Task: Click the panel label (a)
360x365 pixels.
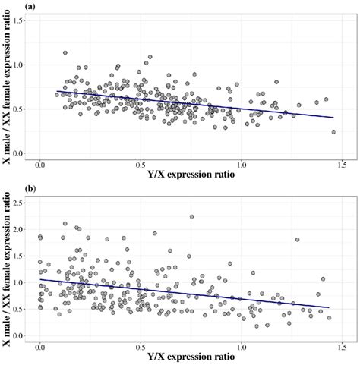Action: click(x=8, y=6)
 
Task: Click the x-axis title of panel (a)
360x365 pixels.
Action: click(x=191, y=174)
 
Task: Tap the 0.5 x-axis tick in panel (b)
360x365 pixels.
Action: click(x=141, y=346)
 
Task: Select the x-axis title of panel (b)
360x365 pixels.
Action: click(x=191, y=357)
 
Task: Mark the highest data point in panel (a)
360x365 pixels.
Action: click(x=65, y=53)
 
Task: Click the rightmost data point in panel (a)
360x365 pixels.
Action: click(x=333, y=131)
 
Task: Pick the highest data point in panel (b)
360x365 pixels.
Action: click(x=191, y=216)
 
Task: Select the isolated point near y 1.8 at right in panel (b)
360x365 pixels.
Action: click(x=297, y=240)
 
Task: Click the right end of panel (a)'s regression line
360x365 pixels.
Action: click(x=333, y=118)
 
